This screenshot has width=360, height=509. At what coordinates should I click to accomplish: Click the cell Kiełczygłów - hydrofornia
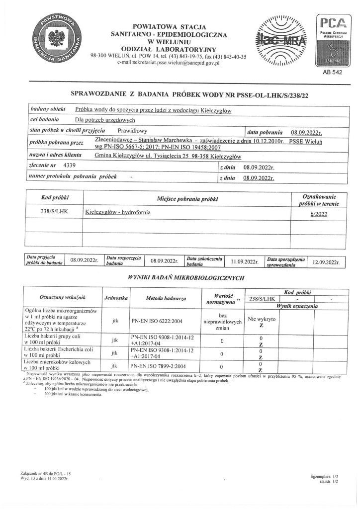tap(118, 212)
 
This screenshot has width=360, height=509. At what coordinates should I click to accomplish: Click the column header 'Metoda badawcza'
tap(166, 298)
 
